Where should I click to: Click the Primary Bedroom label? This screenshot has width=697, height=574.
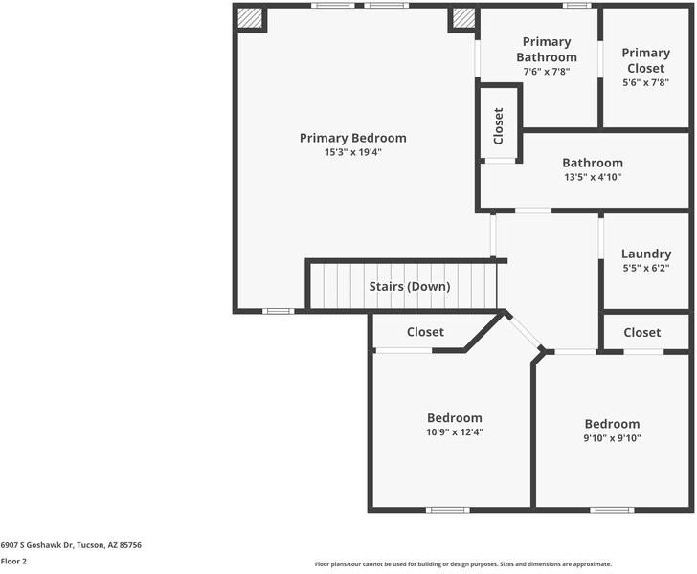353,138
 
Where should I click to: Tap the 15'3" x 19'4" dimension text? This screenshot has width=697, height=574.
353,152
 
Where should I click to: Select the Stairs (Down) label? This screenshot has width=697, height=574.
410,287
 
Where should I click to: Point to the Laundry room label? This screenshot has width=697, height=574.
646,254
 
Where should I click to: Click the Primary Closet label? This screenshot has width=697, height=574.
646,60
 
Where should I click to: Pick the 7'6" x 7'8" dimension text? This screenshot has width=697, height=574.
547,72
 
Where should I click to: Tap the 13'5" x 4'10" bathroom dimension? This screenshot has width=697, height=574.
593,177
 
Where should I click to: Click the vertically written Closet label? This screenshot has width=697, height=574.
498,126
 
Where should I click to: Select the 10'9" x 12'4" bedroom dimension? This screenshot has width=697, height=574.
455,431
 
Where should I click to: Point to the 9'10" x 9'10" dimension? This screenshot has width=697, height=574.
612,438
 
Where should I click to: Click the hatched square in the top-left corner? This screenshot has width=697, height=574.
249,18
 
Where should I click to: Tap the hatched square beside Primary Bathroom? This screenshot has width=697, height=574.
463,18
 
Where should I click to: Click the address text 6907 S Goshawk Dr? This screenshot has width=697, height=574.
36,545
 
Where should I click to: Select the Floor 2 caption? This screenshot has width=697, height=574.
13,562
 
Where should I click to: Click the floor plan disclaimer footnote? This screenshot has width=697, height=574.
463,564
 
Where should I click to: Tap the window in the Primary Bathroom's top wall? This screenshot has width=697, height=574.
577,6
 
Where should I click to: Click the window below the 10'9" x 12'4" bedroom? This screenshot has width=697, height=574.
448,510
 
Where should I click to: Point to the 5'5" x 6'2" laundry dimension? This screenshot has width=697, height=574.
646,268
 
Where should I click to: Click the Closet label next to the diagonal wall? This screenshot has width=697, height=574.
425,332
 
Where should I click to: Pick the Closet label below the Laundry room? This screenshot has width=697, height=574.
642,332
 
